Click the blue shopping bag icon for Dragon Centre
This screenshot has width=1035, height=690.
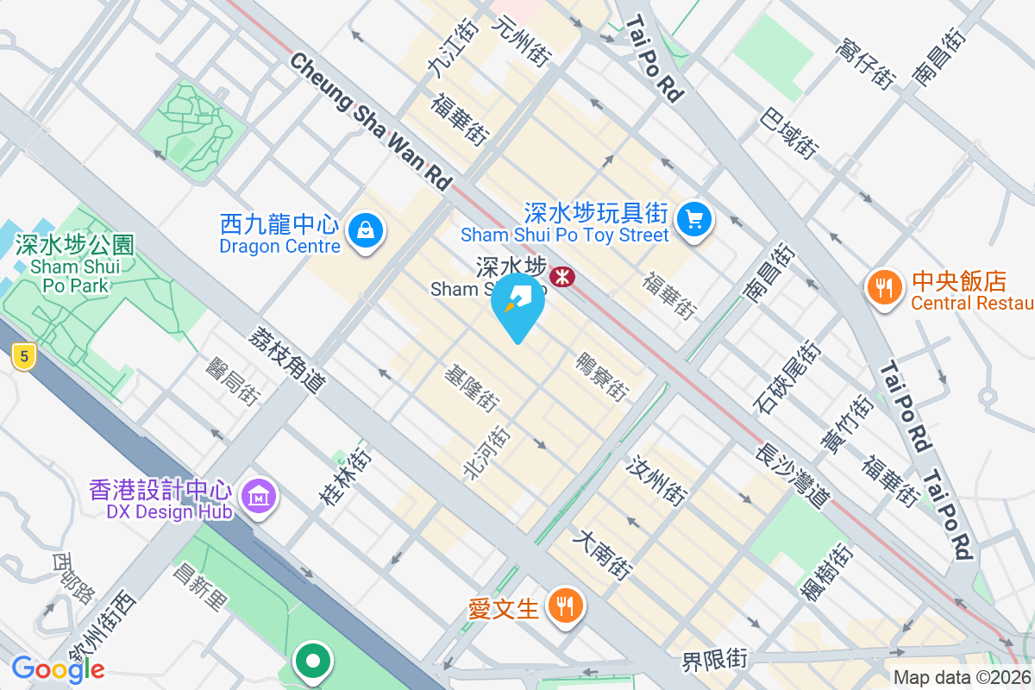[x=367, y=231]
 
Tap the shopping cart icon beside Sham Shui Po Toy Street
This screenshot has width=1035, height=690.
[x=694, y=219]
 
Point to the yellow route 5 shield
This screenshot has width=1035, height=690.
[x=23, y=355]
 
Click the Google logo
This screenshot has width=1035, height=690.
[x=58, y=668]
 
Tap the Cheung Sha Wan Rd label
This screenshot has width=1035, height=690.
[x=372, y=122]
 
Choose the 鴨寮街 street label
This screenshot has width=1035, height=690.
[x=601, y=375]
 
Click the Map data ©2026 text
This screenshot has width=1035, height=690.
[x=963, y=678]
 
